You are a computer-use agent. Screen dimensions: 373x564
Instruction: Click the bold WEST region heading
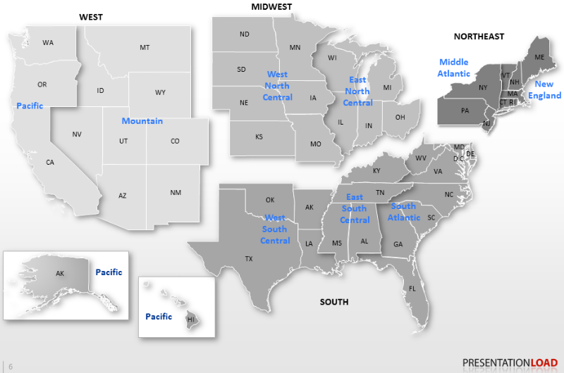(x=91, y=17)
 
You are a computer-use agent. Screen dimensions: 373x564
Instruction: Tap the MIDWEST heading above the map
(x=271, y=7)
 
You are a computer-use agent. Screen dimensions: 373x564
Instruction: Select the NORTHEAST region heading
(x=479, y=36)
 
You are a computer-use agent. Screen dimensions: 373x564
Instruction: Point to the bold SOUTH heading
(x=334, y=302)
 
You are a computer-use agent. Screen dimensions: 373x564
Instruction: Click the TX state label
(x=249, y=258)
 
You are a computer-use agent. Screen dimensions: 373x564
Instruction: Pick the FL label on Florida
(x=412, y=289)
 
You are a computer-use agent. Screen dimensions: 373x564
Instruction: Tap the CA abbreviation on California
(x=50, y=163)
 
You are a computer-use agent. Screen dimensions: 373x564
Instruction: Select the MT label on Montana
(x=145, y=47)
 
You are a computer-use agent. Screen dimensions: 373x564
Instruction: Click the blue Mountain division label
(x=142, y=121)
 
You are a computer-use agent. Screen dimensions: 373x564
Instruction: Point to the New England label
(x=544, y=89)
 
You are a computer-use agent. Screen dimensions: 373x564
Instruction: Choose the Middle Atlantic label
(x=454, y=68)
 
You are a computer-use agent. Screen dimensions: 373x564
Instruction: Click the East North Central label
(x=357, y=91)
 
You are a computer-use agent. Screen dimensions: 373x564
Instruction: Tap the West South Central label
(x=275, y=229)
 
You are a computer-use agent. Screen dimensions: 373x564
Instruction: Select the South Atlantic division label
(x=404, y=212)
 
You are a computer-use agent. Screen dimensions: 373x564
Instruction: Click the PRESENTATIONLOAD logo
(x=510, y=362)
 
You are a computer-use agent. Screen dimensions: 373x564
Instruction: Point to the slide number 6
(x=11, y=366)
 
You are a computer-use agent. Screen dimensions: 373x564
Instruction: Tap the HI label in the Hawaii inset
(x=190, y=319)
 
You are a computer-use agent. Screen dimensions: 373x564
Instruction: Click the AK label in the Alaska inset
(x=61, y=272)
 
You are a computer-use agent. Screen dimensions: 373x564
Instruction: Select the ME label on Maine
(x=539, y=57)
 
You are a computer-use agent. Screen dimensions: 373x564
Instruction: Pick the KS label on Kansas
(x=259, y=137)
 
